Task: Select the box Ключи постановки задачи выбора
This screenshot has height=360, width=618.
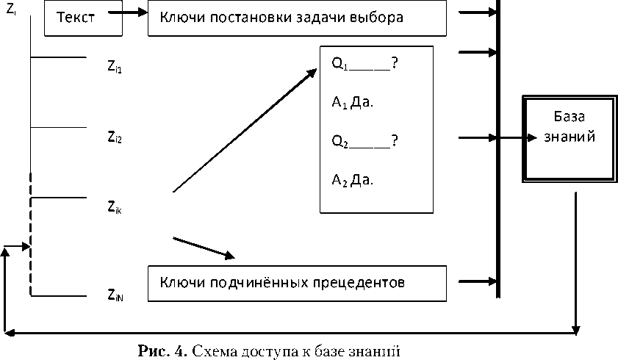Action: click(297, 18)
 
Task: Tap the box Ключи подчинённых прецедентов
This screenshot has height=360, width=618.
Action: click(297, 282)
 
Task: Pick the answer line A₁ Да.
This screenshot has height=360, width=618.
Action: click(353, 102)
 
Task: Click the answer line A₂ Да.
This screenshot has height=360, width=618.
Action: click(353, 180)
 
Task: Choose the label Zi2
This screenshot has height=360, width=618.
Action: click(114, 136)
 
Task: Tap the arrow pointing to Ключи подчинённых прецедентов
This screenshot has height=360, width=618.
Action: click(204, 248)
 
